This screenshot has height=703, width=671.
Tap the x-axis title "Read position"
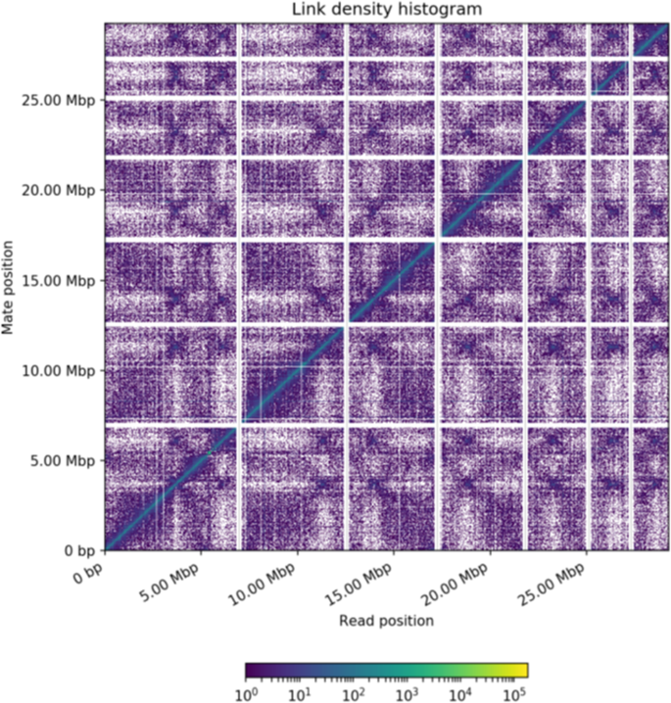(x=386, y=621)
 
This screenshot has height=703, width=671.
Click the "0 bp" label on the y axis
(x=76, y=551)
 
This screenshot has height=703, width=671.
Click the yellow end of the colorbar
(x=522, y=671)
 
